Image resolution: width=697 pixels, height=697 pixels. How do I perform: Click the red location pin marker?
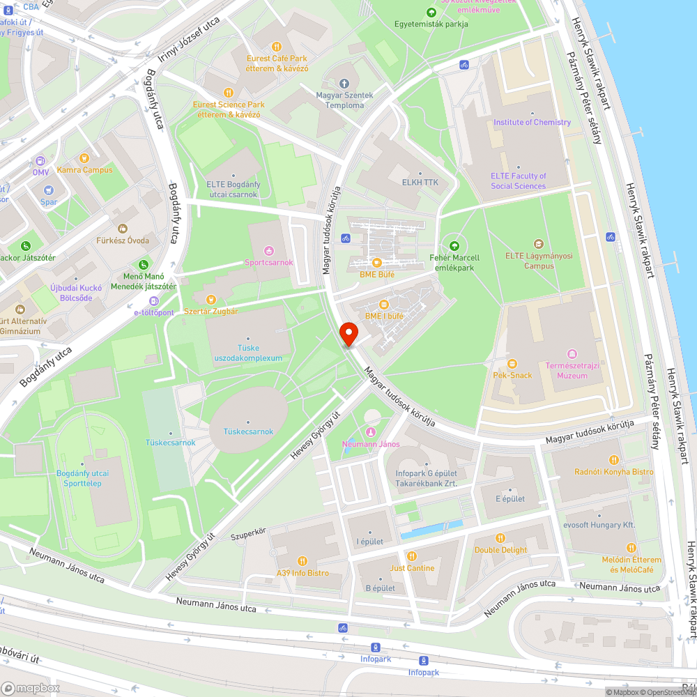click(348, 334)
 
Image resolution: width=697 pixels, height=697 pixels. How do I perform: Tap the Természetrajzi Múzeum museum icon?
click(572, 353)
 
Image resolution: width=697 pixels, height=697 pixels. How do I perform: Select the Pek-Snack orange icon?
click(512, 363)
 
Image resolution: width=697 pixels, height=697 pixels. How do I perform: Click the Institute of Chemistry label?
click(532, 122)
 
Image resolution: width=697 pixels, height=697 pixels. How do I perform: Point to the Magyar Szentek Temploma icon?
click(344, 84)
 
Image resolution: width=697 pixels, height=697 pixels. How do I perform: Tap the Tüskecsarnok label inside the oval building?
click(248, 431)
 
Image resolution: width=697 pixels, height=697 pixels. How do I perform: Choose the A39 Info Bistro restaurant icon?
click(302, 561)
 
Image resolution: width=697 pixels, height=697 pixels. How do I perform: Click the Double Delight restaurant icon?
click(500, 538)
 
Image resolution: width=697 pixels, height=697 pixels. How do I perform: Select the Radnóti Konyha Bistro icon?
click(614, 460)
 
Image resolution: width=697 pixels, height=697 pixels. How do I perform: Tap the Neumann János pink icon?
click(370, 433)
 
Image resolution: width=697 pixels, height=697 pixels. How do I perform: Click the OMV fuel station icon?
click(40, 160)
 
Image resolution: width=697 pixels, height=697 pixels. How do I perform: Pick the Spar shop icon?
click(48, 190)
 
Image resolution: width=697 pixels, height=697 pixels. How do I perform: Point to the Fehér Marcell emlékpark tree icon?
click(454, 245)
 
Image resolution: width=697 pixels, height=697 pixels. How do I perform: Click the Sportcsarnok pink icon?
click(269, 251)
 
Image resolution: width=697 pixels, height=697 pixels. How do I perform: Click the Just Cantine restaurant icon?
click(412, 556)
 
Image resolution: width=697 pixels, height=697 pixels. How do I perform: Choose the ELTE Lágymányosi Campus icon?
click(538, 244)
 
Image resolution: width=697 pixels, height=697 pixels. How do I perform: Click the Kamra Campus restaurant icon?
click(84, 158)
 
